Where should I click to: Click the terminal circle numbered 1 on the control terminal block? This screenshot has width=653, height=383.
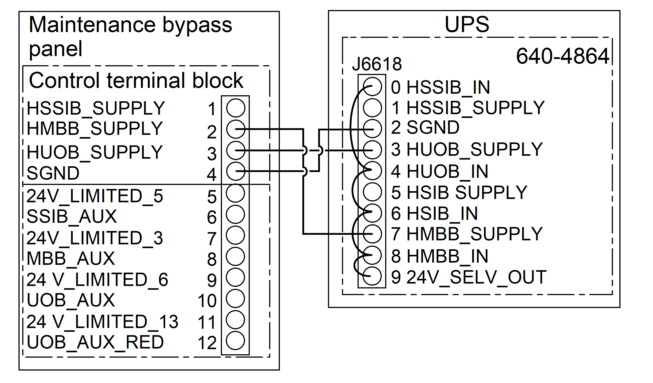pyautogui.click(x=236, y=108)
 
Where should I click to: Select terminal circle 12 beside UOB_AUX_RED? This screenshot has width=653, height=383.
pyautogui.click(x=235, y=340)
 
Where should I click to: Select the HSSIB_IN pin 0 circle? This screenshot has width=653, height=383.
pyautogui.click(x=372, y=87)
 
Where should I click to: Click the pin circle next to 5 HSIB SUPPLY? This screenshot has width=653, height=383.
pyautogui.click(x=372, y=192)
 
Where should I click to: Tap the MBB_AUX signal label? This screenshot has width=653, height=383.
pyautogui.click(x=71, y=258)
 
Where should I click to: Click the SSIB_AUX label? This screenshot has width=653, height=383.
pyautogui.click(x=72, y=217)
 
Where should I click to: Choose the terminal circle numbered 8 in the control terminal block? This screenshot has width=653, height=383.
pyautogui.click(x=235, y=256)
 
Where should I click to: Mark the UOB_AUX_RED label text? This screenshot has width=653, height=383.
pyautogui.click(x=95, y=342)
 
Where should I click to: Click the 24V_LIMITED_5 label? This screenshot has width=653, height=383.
pyautogui.click(x=95, y=196)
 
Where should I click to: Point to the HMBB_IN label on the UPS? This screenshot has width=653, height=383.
pyautogui.click(x=448, y=256)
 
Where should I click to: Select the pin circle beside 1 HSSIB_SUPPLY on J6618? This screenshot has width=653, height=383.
pyautogui.click(x=372, y=107)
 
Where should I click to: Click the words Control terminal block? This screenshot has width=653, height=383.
pyautogui.click(x=136, y=80)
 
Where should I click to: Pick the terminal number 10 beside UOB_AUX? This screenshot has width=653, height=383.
pyautogui.click(x=207, y=301)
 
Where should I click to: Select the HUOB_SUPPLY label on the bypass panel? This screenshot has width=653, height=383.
pyautogui.click(x=95, y=152)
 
